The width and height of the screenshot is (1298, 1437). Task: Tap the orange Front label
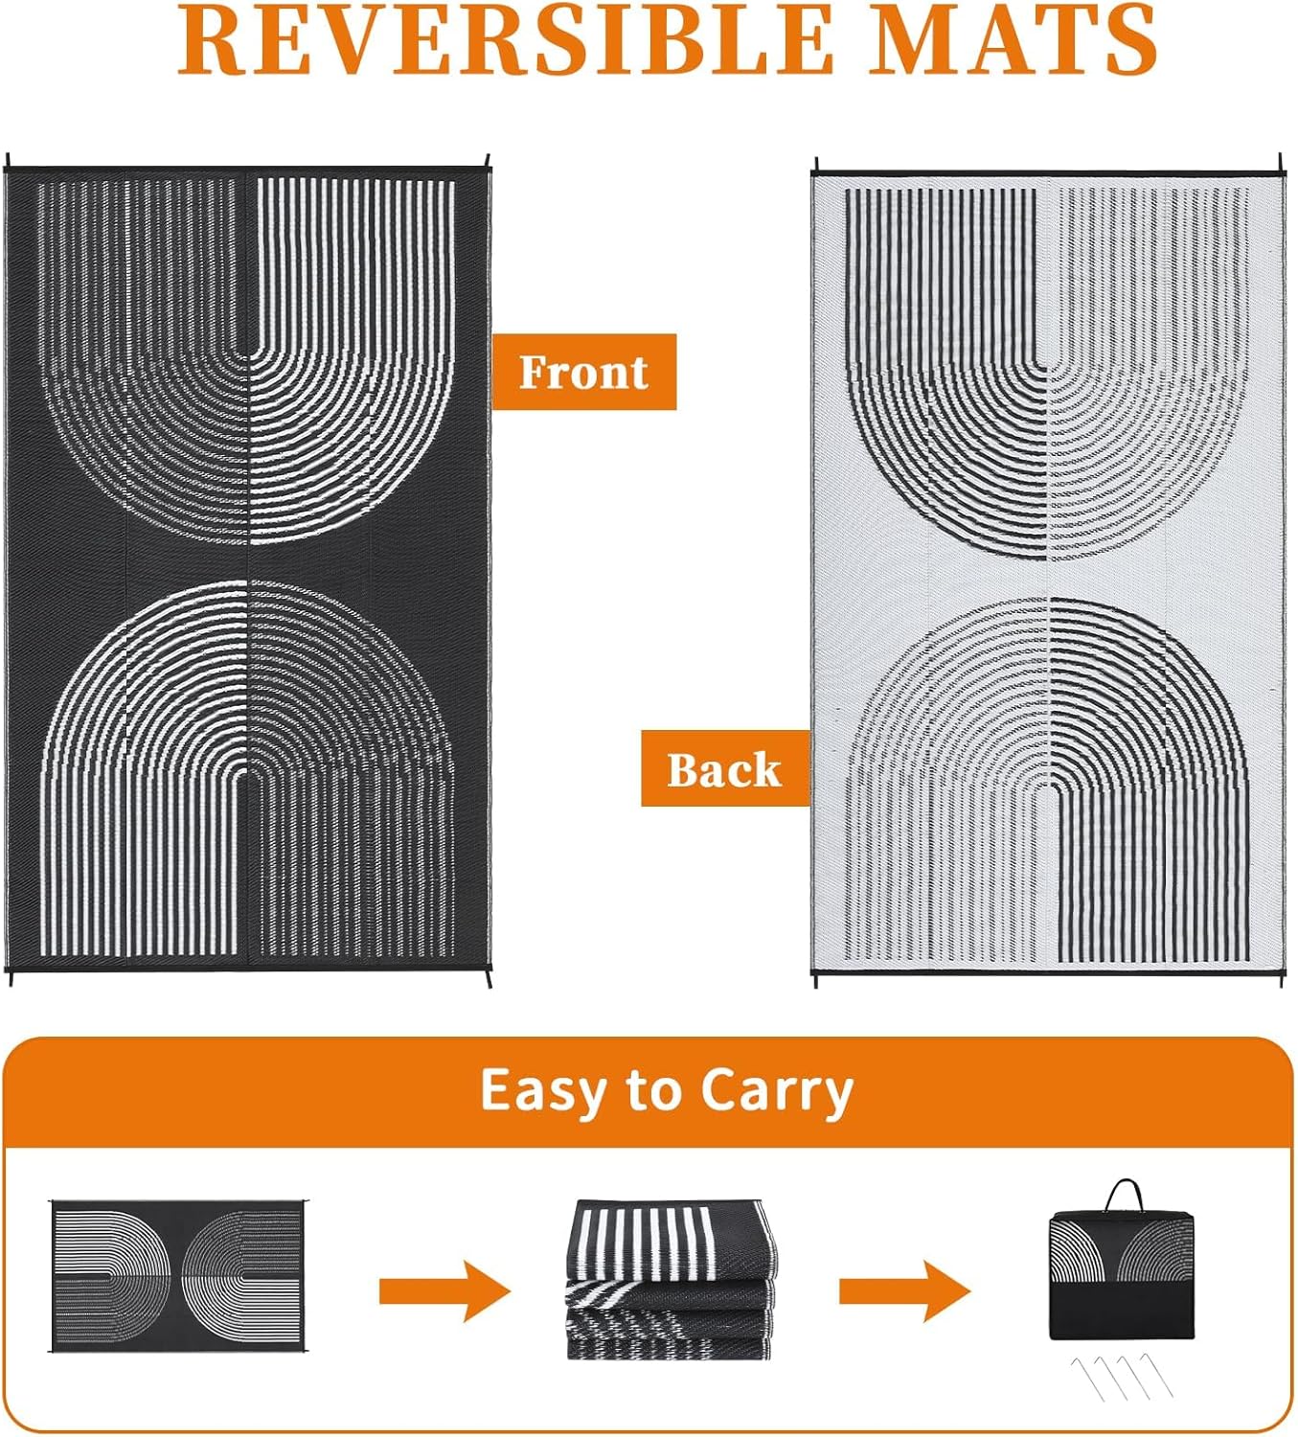pyautogui.click(x=583, y=372)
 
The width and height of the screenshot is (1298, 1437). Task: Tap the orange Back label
pyautogui.click(x=725, y=768)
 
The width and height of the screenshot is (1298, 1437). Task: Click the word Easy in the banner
pyautogui.click(x=544, y=1091)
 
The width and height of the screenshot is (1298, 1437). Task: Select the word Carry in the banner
pyautogui.click(x=777, y=1091)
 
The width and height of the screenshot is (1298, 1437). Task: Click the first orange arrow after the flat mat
pyautogui.click(x=444, y=1291)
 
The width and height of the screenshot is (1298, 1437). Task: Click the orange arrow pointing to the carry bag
pyautogui.click(x=904, y=1291)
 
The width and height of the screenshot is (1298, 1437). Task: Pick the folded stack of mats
pyautogui.click(x=671, y=1279)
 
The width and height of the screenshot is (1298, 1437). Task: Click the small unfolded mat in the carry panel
pyautogui.click(x=178, y=1276)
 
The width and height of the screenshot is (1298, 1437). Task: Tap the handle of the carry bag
pyautogui.click(x=1124, y=1196)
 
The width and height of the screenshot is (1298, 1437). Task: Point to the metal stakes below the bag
pyautogui.click(x=1122, y=1377)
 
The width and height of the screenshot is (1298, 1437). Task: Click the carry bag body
pyautogui.click(x=1121, y=1275)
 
